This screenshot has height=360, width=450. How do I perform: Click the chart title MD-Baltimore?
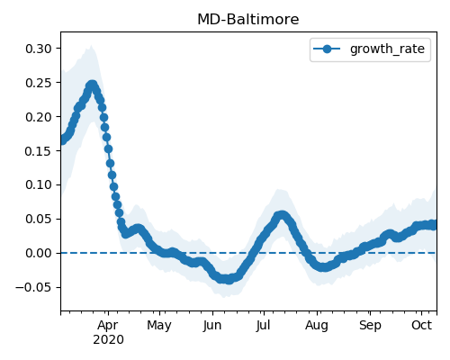[248, 20]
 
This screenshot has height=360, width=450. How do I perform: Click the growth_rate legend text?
[387, 49]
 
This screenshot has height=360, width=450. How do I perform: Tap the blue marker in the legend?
[327, 49]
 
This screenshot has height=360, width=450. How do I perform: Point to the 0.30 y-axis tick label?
[39, 49]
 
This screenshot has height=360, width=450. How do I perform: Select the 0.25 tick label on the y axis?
[39, 83]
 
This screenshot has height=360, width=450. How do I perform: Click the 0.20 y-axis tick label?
[39, 117]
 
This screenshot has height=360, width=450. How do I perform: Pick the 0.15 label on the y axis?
[39, 150]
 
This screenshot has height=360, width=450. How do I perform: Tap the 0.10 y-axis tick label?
[39, 184]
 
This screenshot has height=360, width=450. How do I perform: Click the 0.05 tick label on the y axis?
[39, 219]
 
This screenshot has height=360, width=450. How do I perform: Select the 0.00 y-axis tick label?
[39, 253]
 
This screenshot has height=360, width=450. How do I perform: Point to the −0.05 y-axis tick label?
[34, 287]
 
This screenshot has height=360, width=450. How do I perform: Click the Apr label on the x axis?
[108, 326]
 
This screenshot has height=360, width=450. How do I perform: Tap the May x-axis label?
[159, 326]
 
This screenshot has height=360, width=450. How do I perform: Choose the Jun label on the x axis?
[212, 325]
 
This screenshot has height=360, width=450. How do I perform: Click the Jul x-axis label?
[263, 325]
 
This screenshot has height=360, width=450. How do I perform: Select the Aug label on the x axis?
[317, 326]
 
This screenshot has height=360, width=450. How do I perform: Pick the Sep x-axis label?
[370, 326]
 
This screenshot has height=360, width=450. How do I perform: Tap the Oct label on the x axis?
[421, 325]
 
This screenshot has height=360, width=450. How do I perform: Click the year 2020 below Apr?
[108, 340]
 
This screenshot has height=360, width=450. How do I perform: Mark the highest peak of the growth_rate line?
[93, 85]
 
